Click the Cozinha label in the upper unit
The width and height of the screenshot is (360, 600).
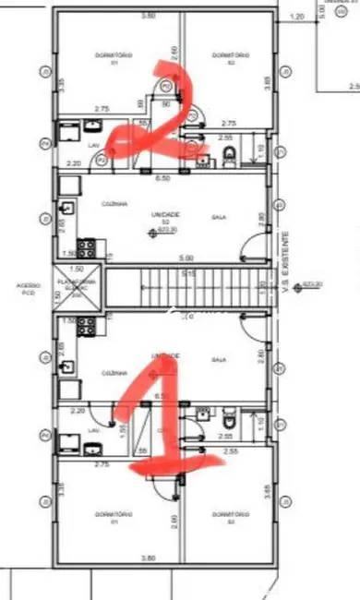pyautogui.click(x=114, y=204)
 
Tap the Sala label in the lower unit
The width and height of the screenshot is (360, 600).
pyautogui.click(x=219, y=359)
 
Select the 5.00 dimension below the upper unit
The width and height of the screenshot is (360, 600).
pyautogui.click(x=186, y=258)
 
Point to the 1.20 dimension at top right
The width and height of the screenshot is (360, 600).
pyautogui.click(x=296, y=17)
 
